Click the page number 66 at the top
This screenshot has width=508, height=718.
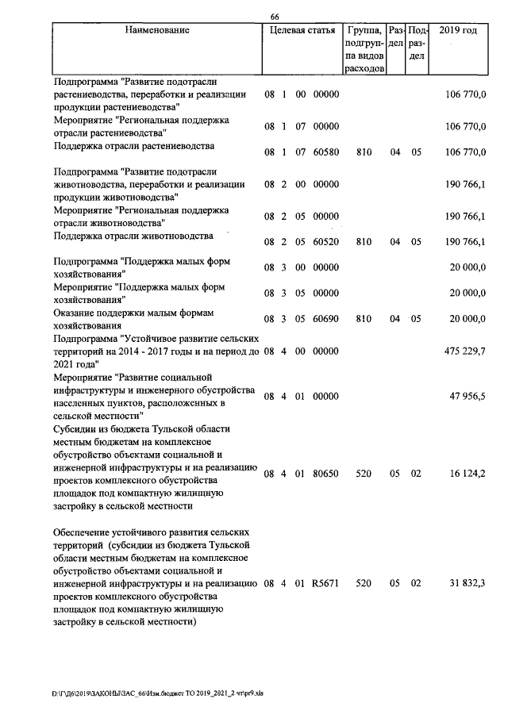point(275,18)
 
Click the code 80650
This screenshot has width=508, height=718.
point(325,474)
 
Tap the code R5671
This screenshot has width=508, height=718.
point(325,583)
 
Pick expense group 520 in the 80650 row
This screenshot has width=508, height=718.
point(364,474)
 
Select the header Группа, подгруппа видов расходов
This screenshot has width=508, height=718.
point(365,50)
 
